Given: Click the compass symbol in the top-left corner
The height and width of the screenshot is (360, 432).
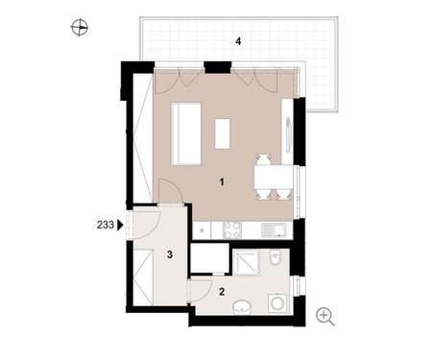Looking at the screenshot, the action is [80, 27].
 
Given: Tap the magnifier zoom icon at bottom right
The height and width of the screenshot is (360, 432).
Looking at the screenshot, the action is [325, 317].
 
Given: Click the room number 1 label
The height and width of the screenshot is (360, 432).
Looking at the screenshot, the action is [222, 182].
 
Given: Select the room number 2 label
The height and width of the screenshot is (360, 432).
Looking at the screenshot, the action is [222, 292].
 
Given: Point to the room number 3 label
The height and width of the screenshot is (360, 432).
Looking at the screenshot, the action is [170, 254].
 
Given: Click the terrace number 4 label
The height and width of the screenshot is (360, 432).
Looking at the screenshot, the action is [238, 41].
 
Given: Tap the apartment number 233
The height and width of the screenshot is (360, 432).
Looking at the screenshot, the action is [106, 225].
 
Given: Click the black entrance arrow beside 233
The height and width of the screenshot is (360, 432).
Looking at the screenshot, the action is [120, 225].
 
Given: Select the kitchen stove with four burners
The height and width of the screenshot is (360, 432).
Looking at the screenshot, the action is [232, 230].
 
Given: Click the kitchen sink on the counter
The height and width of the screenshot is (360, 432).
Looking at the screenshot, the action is [274, 230].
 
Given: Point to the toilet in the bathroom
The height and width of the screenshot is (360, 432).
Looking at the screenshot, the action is [275, 257].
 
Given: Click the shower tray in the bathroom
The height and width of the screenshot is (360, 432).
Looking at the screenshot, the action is [246, 263].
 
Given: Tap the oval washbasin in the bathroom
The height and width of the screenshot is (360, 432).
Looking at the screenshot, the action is [242, 307].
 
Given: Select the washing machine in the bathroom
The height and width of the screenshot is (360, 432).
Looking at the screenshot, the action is [277, 302].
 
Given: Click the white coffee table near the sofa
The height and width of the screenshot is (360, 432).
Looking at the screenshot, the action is [223, 133].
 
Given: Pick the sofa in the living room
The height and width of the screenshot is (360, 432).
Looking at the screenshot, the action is [186, 133].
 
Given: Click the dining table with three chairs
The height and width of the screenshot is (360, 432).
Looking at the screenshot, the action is [274, 177].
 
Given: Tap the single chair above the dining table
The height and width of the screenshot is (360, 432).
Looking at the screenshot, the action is [264, 159].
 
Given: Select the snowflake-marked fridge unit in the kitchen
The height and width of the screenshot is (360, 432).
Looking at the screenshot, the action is [203, 230].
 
